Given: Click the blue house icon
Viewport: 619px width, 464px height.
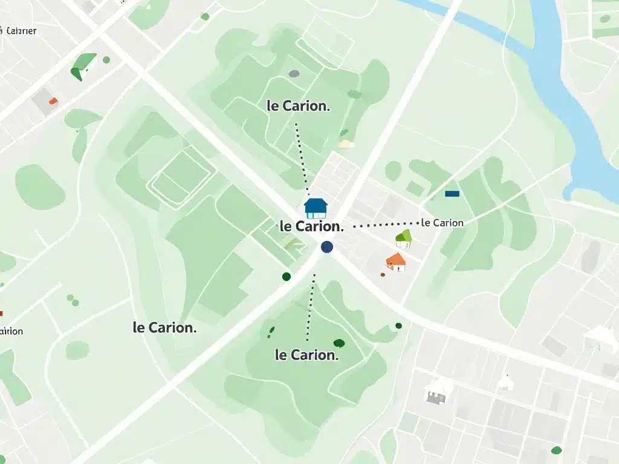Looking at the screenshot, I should point(315,207).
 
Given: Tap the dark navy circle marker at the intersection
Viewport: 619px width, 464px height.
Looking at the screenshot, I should point(327,246).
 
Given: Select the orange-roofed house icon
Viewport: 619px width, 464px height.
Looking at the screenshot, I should point(396,262).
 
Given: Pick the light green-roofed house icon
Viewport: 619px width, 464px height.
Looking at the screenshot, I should point(403,239).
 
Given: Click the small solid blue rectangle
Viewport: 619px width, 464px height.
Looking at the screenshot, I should point(452,194).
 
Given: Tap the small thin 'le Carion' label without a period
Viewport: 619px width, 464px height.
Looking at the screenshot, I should point(442,223).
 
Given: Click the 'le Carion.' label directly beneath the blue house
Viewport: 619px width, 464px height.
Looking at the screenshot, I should point(312,227).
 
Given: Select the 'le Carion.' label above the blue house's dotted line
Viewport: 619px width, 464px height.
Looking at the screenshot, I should point(299,105).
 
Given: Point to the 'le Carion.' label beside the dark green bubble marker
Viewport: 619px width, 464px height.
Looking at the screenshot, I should point(306,355).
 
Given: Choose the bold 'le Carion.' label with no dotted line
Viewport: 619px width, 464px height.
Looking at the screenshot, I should point(164,328).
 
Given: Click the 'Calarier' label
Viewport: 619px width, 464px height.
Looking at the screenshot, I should point(20,31).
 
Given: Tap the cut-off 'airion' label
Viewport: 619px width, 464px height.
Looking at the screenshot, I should point(11,331).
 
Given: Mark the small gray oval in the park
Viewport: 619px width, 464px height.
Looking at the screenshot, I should point(294,74).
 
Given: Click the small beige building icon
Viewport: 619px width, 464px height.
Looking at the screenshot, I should point(346,144).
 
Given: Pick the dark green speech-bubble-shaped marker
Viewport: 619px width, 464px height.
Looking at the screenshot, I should point(339,344).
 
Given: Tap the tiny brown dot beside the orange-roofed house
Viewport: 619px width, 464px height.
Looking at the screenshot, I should point(382,274).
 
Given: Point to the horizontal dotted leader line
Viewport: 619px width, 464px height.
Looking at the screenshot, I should point(385,224).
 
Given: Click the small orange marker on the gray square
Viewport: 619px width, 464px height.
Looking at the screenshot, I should point(53,101).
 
